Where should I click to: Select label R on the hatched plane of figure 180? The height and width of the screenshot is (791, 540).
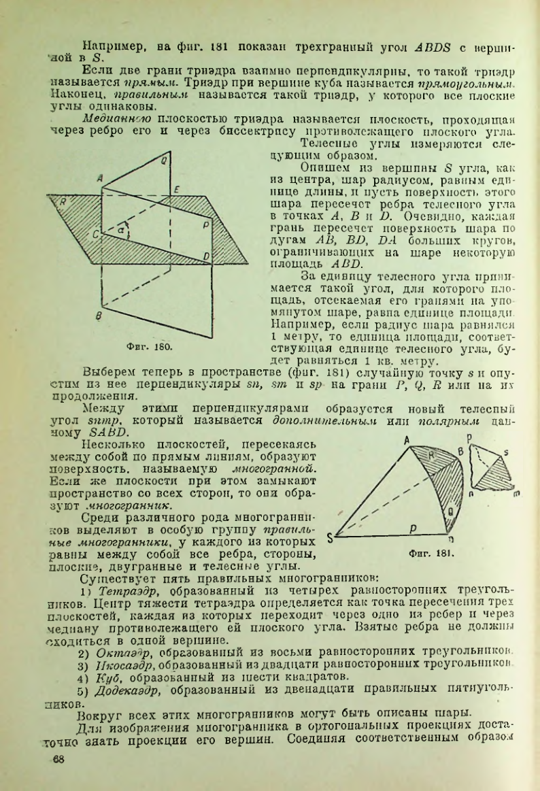click(63, 201)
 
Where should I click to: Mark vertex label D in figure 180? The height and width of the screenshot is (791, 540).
click(206, 254)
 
